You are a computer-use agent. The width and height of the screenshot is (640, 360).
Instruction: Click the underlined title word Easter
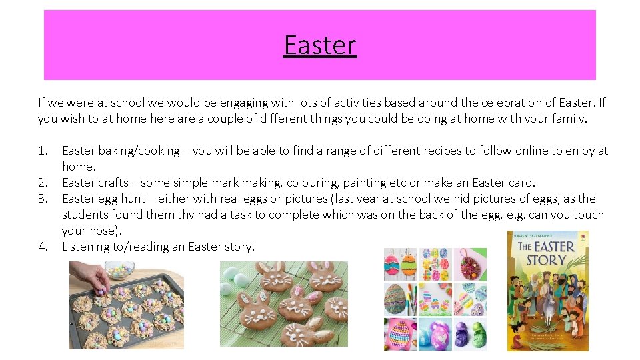320,45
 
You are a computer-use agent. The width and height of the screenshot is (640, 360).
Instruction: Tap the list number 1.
43,151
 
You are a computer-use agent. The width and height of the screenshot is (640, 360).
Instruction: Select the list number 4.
43,247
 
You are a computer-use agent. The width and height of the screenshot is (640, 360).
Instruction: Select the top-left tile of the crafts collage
400,265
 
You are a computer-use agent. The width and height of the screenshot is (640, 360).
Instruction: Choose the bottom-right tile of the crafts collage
470,333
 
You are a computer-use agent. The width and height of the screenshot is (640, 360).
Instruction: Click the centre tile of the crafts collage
435,299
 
